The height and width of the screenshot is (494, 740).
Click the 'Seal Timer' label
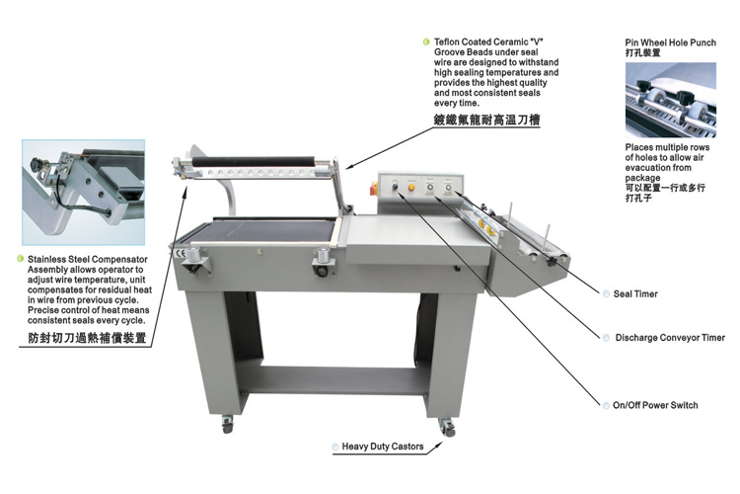(635, 294)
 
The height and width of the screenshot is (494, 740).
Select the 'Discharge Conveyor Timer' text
(670, 338)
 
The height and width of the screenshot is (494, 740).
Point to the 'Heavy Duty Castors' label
(383, 447)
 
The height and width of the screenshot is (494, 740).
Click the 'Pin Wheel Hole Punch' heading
(672, 43)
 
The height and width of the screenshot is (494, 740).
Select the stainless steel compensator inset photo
(83, 192)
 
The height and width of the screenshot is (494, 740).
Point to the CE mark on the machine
(179, 252)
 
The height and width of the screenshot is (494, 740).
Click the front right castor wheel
(448, 427)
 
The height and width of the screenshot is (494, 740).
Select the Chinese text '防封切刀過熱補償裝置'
(88, 337)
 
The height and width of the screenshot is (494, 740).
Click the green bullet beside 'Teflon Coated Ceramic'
(425, 41)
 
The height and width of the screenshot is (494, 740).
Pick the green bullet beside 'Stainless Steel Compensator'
(20, 259)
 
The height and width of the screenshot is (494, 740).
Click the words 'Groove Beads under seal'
(483, 52)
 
